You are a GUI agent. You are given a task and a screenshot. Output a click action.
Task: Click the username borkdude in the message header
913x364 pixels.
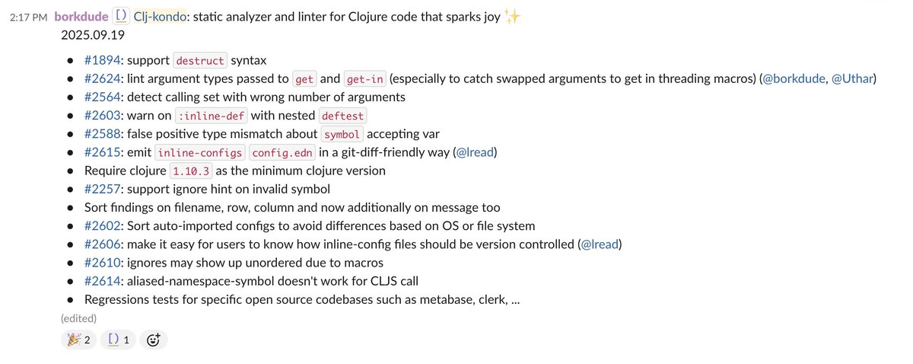pos(81,18)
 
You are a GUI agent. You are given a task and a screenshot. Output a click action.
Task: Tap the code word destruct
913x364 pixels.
pos(200,60)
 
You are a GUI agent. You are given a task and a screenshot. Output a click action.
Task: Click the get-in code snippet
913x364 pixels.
pos(366,78)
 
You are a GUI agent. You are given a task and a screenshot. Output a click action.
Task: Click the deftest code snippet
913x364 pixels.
pos(342,116)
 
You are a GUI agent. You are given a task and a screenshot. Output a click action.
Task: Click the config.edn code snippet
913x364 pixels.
pos(279,152)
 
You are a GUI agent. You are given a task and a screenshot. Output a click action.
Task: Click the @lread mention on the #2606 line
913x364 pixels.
pos(600,244)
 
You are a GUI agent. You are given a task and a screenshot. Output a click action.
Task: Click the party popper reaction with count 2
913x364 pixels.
pos(79,340)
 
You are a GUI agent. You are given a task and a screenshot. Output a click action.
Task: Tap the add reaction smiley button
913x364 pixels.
pos(153,340)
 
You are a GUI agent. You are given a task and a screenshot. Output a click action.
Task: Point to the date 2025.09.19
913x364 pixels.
pos(93,35)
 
